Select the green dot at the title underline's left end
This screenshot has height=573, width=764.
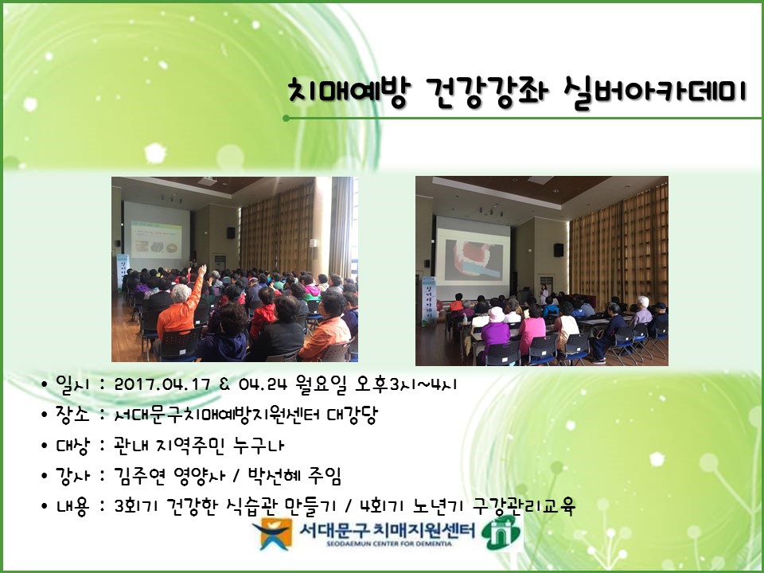click(x=286, y=119)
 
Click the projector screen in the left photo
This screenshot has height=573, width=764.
click(x=156, y=230)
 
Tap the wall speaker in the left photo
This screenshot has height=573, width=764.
click(x=230, y=232)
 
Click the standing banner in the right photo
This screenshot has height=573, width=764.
click(x=428, y=300)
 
